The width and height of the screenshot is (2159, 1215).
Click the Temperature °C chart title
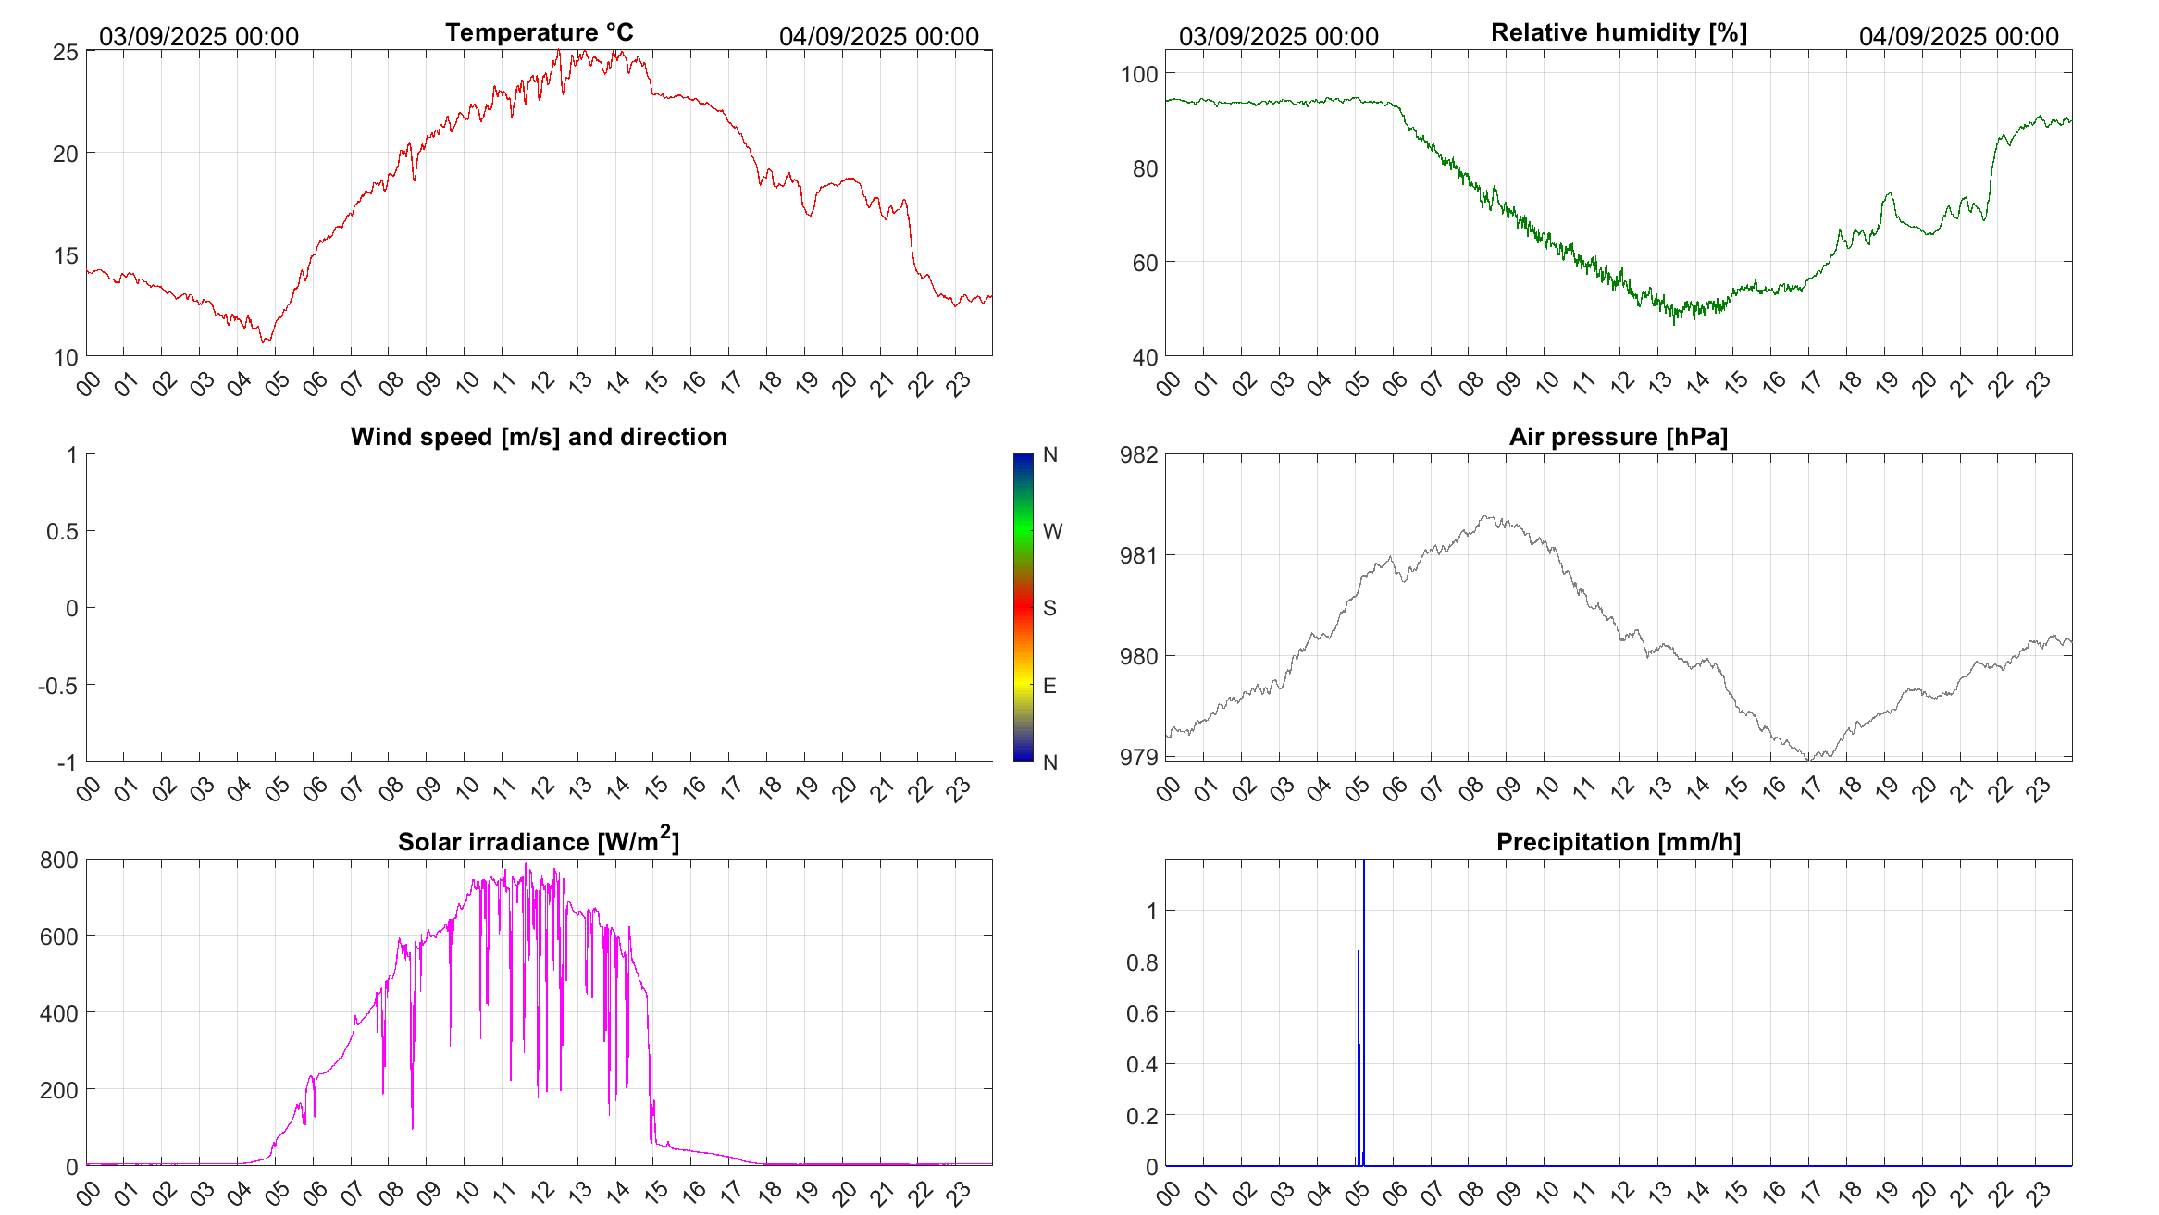pos(539,32)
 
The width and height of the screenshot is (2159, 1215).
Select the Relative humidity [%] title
pos(1619,32)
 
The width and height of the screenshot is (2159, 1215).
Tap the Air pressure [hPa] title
pos(1618,437)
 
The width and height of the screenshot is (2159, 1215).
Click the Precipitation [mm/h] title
pos(1618,842)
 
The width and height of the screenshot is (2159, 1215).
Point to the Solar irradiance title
pos(539,842)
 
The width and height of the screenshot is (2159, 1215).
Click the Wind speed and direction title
pos(539,437)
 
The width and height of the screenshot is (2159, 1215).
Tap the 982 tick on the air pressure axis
pos(1138,454)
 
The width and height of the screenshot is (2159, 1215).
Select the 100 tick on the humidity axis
pos(1138,74)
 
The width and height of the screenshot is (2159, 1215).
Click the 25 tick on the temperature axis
pos(65,52)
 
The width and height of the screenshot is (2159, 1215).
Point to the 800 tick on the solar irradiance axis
pos(59,861)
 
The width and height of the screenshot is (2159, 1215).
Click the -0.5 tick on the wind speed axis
pos(57,686)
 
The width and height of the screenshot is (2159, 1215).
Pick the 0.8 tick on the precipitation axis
pos(1141,962)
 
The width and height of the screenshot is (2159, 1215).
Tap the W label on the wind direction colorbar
pos(1052,531)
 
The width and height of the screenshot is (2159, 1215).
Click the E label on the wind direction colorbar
pos(1049,686)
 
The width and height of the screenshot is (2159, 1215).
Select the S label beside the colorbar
pos(1049,608)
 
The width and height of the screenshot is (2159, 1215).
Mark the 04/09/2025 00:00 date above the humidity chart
pos(1958,37)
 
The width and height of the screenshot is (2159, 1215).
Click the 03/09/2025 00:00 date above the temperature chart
pos(199,37)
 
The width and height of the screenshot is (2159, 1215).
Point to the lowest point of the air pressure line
pos(1810,759)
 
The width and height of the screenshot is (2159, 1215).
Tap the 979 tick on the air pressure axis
pos(1138,758)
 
